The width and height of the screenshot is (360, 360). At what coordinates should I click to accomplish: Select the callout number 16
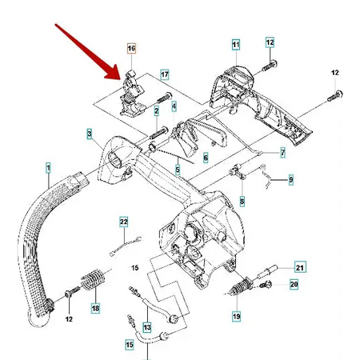coord(131,50)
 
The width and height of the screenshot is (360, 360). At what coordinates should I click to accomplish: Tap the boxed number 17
coord(165,76)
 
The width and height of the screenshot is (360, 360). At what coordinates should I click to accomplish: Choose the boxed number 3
coord(90,133)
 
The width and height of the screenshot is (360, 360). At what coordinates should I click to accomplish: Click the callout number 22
coord(124,222)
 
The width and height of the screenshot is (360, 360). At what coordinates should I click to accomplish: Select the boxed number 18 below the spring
coord(95,308)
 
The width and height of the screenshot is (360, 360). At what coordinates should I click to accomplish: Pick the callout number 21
coord(300,267)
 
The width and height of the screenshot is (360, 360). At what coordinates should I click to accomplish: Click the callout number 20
coord(294,284)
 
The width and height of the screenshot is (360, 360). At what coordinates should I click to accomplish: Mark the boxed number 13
coord(146,327)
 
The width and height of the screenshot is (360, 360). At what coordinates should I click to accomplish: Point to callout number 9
coord(290,180)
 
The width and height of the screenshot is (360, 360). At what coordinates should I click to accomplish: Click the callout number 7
coord(282,151)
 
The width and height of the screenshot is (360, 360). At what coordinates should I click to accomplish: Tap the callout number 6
coord(205,158)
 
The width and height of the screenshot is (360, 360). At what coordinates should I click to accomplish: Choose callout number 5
coord(178,170)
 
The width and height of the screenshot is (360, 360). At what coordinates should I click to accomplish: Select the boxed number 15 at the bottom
coord(130,345)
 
